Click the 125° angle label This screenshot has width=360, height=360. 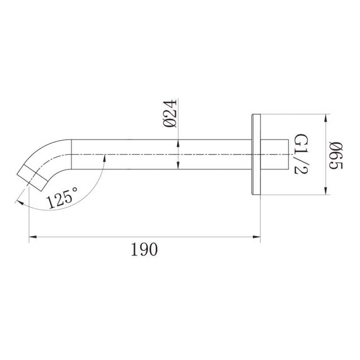pos(63,198)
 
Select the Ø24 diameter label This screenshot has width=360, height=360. pos(170,114)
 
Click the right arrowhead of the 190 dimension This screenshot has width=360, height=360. pos(257,238)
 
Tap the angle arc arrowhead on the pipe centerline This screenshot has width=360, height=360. pos(104,157)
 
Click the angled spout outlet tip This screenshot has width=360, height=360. pos(32,178)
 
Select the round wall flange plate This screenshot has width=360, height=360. pos(256,154)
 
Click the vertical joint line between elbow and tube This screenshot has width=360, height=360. pos(72,154)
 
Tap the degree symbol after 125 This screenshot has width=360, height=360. pos(75,190)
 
